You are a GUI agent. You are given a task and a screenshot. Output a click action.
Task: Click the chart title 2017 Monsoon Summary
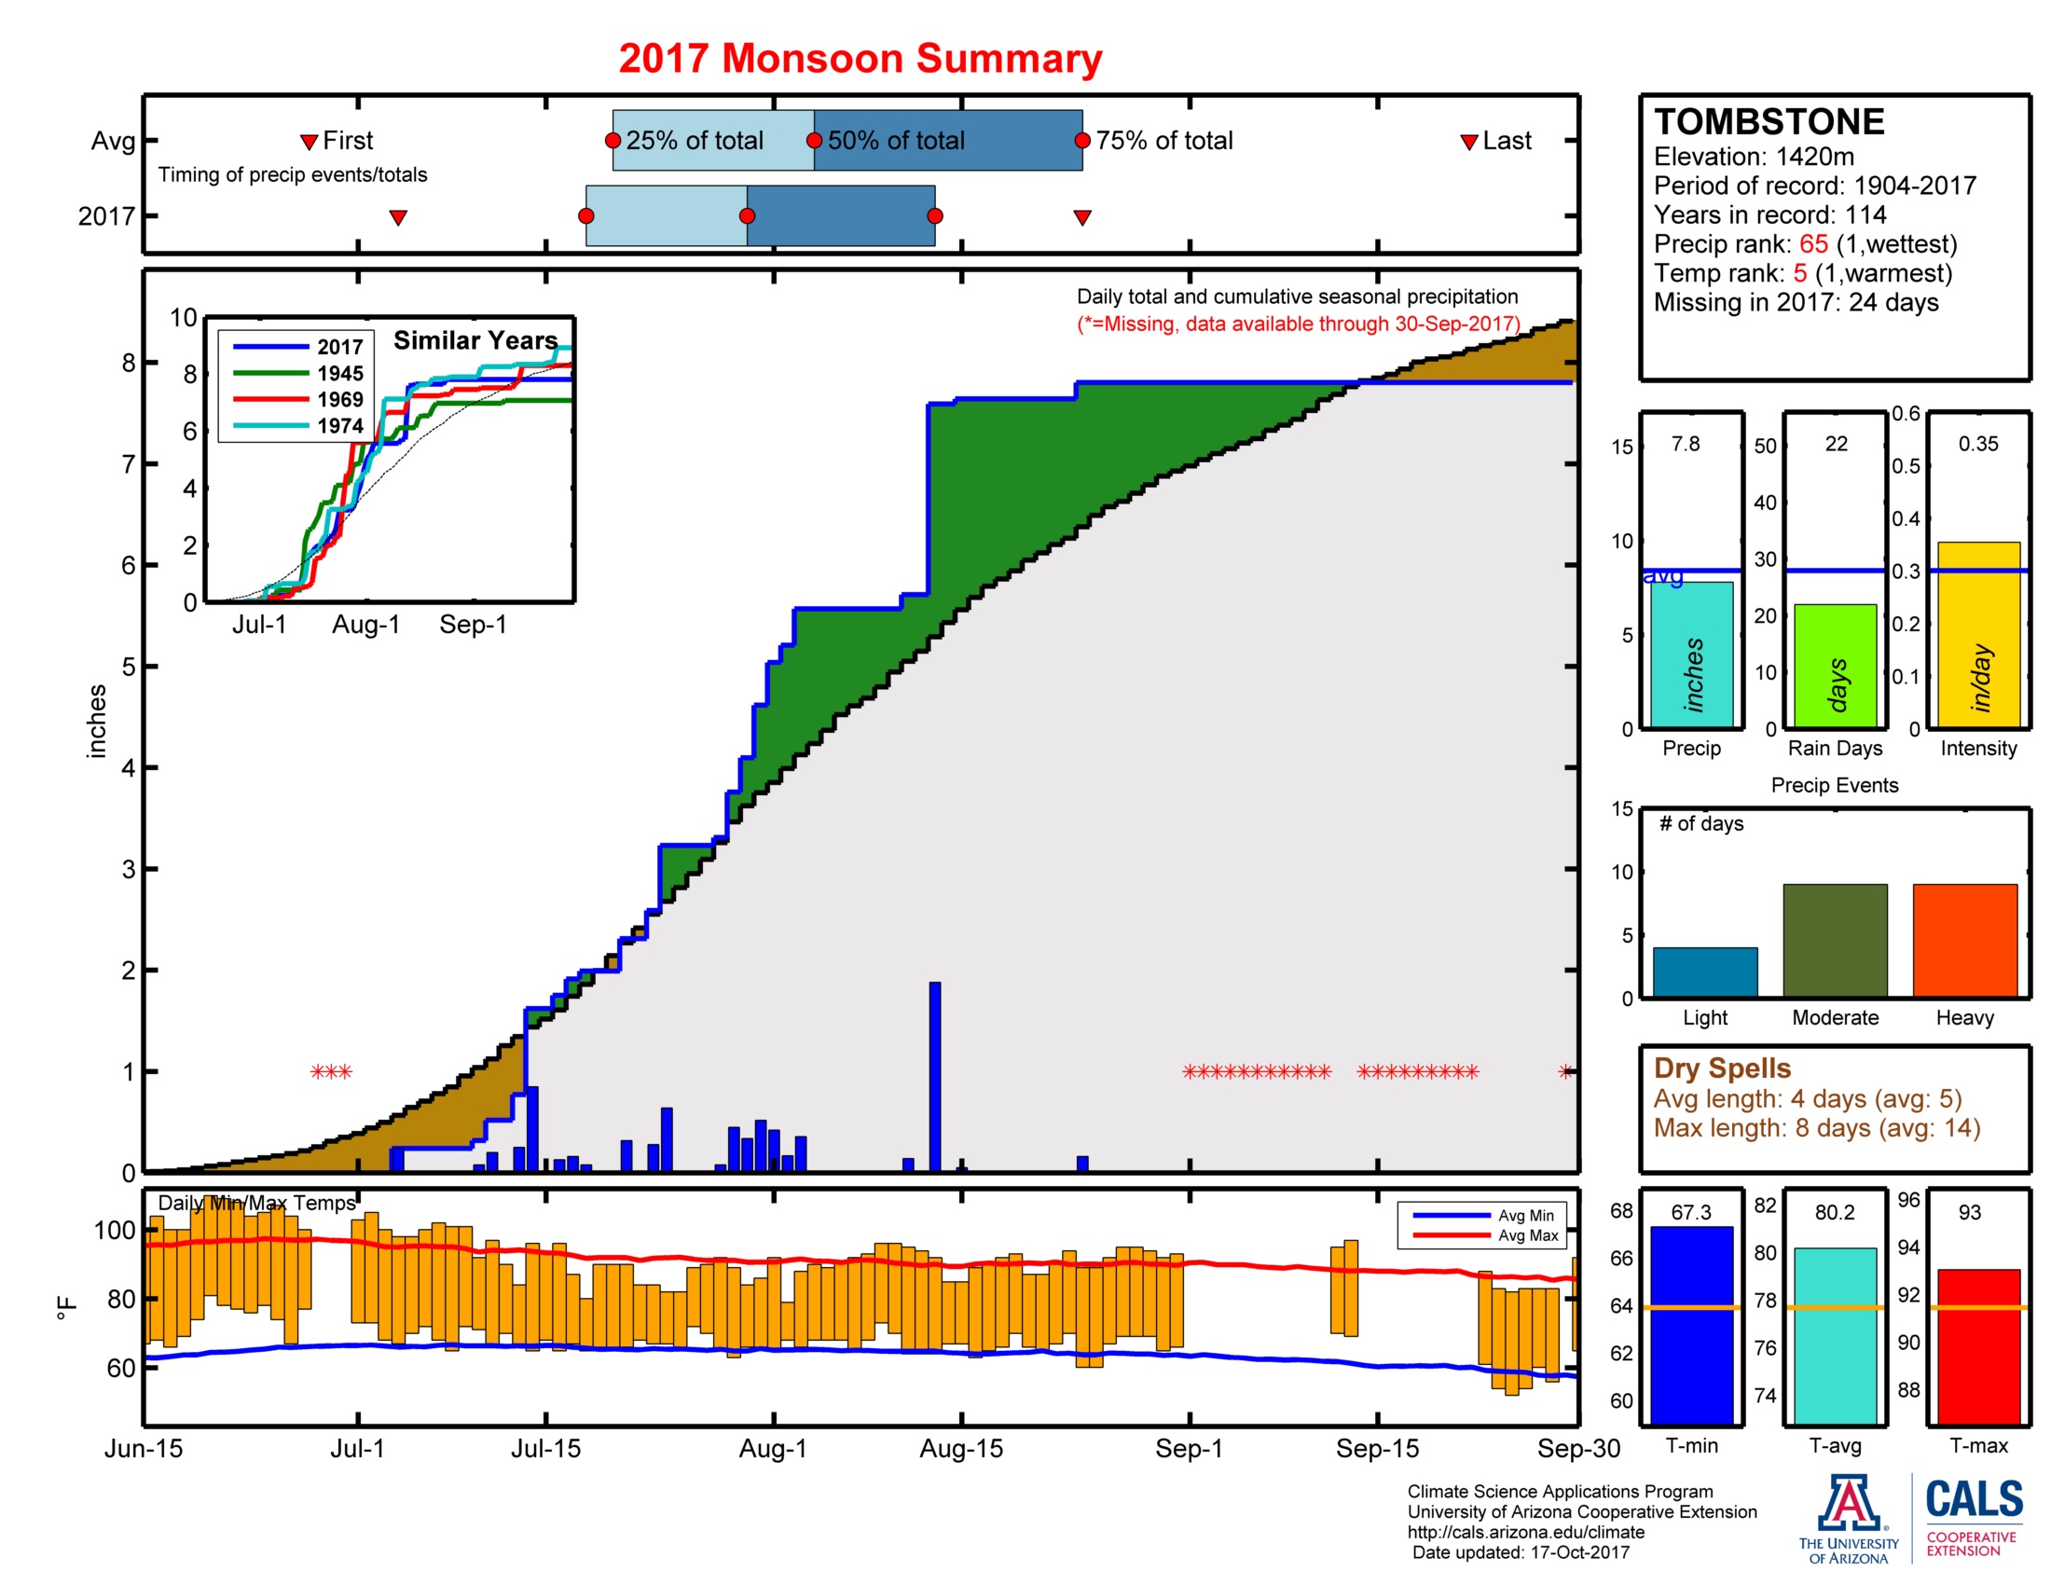pyautogui.click(x=860, y=58)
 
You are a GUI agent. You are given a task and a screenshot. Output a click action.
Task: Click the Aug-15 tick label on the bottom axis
pyautogui.click(x=960, y=1449)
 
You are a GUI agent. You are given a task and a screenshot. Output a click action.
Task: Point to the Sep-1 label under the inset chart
pyautogui.click(x=473, y=625)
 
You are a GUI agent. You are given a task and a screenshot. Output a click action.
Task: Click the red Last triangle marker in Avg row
pyautogui.click(x=1468, y=142)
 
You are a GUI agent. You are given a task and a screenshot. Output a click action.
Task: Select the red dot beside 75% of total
pyautogui.click(x=1081, y=141)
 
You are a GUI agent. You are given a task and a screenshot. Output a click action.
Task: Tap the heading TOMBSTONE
pyautogui.click(x=1769, y=122)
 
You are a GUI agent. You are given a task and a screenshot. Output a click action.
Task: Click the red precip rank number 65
pyautogui.click(x=1812, y=244)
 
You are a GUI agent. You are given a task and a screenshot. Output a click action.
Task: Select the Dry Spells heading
pyautogui.click(x=1721, y=1068)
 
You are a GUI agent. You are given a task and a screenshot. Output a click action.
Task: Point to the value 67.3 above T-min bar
pyautogui.click(x=1690, y=1212)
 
